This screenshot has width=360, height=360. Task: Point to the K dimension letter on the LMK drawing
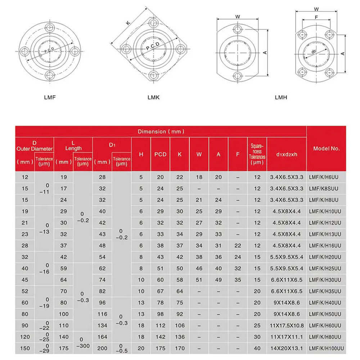[x=128, y=23]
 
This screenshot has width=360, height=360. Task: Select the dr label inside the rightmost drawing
[x=314, y=52]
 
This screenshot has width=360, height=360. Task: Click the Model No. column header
[x=326, y=148]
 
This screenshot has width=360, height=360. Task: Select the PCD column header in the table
[x=160, y=154]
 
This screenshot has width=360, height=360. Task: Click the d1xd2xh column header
[x=287, y=154]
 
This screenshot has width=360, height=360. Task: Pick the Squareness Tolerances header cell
[x=257, y=154]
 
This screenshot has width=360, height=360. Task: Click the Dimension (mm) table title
[x=161, y=131]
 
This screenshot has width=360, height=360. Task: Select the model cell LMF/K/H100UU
[x=327, y=348]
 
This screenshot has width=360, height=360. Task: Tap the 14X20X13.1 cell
[x=287, y=348]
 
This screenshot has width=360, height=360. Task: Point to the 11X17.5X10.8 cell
[x=287, y=326]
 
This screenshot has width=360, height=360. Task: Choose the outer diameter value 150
[x=25, y=348]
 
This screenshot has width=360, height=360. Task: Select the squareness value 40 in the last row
[x=257, y=348]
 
